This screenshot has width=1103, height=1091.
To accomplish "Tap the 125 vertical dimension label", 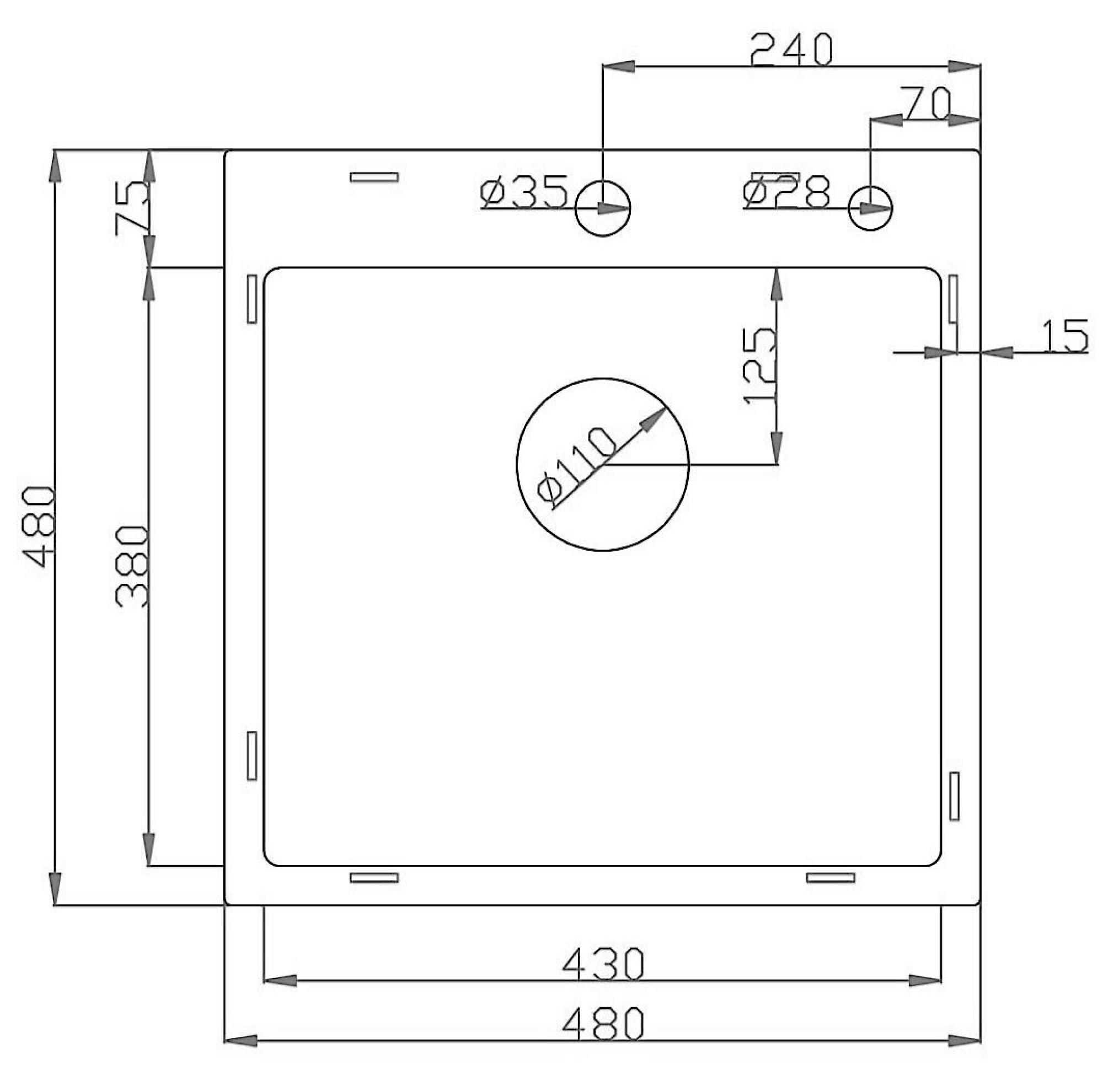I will point(760,366).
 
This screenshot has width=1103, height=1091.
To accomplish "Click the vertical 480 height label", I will point(38,526).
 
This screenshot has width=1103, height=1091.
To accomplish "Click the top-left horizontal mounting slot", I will point(374,178).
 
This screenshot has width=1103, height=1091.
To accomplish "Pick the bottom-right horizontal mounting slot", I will point(831,878).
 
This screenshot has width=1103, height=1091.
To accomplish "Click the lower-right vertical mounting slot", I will point(954,797).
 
